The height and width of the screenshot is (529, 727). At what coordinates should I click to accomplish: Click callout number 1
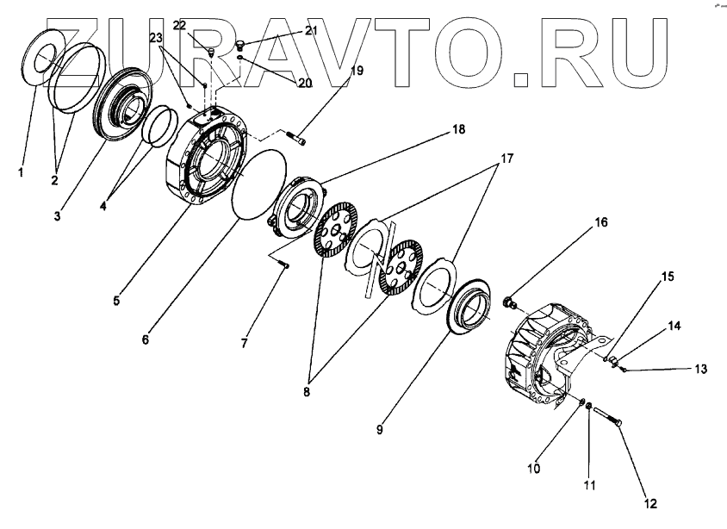point(20,173)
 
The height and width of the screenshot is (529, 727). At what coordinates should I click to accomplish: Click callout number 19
point(357,71)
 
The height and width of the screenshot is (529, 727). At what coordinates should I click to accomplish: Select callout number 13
point(702,369)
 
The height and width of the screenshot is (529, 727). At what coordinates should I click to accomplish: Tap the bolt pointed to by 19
point(299,136)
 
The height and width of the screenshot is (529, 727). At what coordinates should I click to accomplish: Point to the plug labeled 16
point(509,302)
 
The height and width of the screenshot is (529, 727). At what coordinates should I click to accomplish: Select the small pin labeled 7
point(285,265)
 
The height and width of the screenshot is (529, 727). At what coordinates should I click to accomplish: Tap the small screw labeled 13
point(623,370)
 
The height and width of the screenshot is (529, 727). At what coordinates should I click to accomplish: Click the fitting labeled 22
point(210,53)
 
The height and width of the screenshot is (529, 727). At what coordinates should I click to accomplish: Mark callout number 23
point(155,38)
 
